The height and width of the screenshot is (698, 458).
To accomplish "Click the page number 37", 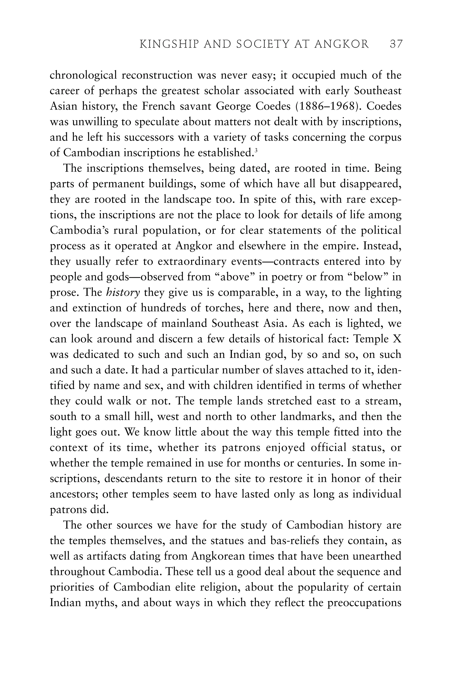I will click(x=397, y=44).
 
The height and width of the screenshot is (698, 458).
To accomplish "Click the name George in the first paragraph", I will click(x=233, y=106).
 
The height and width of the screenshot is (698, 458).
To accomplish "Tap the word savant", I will click(x=196, y=106).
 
